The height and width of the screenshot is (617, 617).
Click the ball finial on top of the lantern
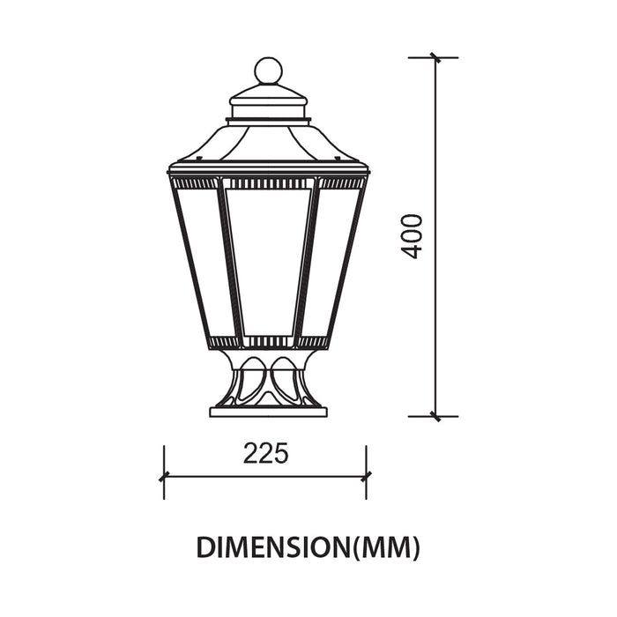coord(268,71)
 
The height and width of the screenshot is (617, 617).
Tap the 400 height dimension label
coord(411,236)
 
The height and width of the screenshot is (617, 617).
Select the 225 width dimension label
coord(265,453)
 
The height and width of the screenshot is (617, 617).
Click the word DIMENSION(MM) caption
coord(308,547)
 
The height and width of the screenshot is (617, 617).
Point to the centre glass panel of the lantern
coord(268,263)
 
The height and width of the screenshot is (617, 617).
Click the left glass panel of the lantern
coord(202,262)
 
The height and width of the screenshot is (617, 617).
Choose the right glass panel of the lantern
coord(334,262)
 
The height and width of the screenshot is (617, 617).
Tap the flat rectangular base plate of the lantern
coord(268,412)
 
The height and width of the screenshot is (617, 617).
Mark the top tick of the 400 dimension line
coord(435,57)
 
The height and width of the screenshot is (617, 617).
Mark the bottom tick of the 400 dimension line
coord(435,416)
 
